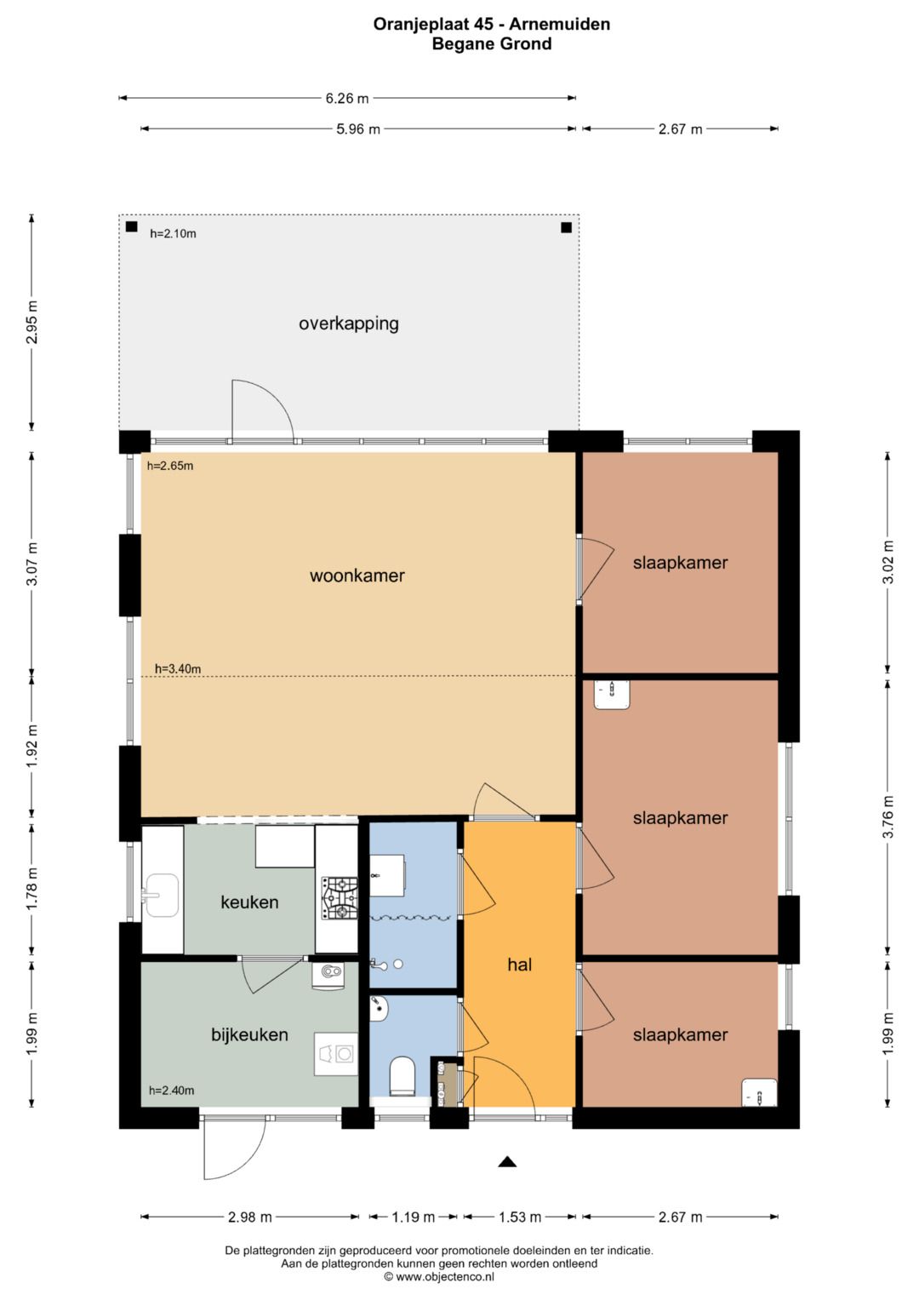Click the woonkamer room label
point(357,576)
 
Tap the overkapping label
point(348,324)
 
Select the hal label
point(519,965)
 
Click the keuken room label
point(249,902)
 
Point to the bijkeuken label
point(249,1035)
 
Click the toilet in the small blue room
point(402,1077)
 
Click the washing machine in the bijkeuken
point(335,1054)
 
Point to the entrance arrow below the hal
point(507,1161)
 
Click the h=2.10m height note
point(173,233)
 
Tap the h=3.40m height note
point(178,669)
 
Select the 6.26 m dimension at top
point(347,99)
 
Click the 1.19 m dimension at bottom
point(414,1217)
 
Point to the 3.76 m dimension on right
point(888,817)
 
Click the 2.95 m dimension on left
point(32,323)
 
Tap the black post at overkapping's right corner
point(566,227)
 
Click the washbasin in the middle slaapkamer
point(612,695)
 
